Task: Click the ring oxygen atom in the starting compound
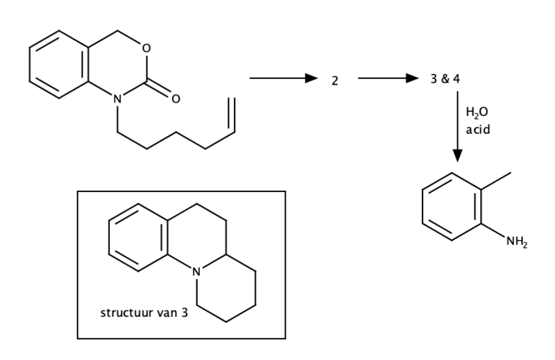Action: [146, 48]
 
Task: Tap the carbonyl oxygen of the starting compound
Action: [176, 98]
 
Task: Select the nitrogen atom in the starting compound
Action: [117, 98]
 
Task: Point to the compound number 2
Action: [335, 81]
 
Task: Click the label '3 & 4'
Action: [445, 79]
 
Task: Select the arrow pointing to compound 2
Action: [284, 78]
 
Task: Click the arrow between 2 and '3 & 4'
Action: [388, 78]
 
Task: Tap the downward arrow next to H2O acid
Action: [457, 126]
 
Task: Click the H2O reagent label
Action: [477, 112]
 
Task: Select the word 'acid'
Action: [478, 130]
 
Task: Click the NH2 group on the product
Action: [517, 242]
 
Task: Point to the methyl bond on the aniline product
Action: [496, 181]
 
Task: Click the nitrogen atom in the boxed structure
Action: [196, 272]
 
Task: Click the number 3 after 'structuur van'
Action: [185, 313]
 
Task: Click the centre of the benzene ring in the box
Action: [138, 237]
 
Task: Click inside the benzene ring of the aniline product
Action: [452, 207]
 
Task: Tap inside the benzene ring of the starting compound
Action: [59, 65]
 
